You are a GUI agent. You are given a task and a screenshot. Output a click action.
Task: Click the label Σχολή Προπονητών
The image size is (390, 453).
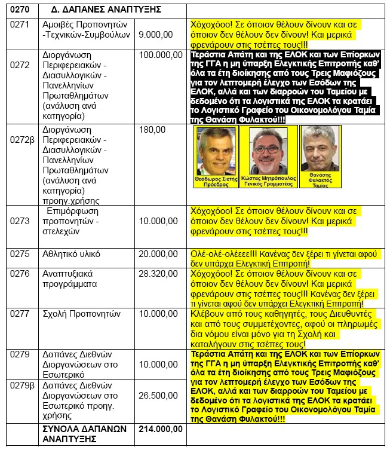click(x=80, y=313)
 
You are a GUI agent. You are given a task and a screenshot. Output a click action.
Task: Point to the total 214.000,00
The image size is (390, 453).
click(x=160, y=428)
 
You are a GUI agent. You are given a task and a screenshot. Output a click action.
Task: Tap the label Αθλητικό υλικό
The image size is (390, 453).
click(x=72, y=254)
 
